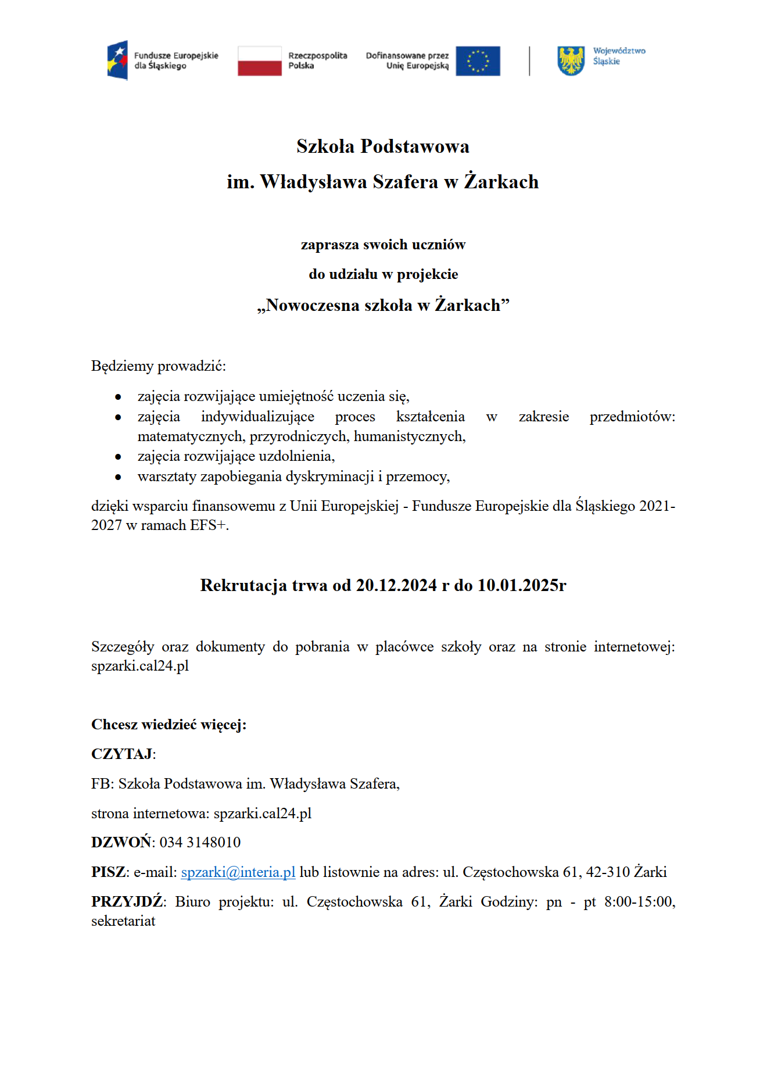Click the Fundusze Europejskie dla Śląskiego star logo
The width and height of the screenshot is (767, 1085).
117,60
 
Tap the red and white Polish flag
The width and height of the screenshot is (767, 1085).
259,61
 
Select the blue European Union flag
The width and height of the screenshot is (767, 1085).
478,61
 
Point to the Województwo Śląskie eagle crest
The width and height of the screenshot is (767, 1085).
571,60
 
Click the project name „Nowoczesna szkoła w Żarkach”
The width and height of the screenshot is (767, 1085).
383,305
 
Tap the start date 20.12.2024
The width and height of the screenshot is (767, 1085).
396,585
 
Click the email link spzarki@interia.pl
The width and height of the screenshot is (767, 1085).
238,872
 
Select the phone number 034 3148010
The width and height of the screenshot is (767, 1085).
200,842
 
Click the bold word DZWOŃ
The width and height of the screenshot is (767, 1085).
121,842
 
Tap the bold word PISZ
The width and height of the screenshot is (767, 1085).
109,872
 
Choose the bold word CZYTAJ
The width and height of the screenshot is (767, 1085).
122,754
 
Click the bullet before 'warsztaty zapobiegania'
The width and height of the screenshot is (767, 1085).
119,477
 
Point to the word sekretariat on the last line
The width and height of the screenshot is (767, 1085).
123,921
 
